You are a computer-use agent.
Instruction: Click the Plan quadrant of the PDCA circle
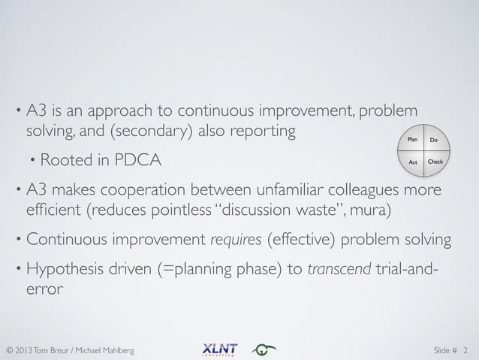tap(412, 141)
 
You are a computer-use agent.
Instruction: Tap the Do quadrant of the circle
tap(434, 141)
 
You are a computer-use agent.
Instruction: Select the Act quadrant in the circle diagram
tap(412, 162)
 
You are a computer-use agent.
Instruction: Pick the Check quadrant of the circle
tap(435, 162)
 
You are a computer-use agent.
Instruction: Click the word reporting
tap(259, 132)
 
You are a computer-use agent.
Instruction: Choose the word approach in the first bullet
tap(122, 110)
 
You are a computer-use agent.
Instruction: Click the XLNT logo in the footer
tap(219, 349)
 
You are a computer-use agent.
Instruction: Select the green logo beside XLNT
tap(264, 349)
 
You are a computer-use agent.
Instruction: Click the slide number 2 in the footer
tap(465, 349)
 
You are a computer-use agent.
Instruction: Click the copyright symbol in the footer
tap(10, 349)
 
